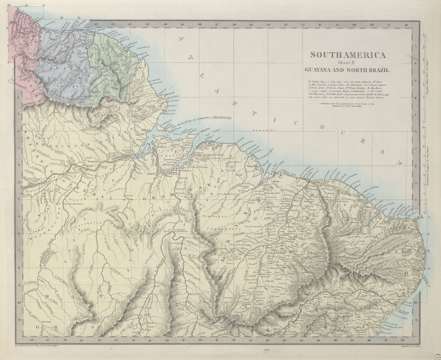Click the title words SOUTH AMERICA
[348, 55]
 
